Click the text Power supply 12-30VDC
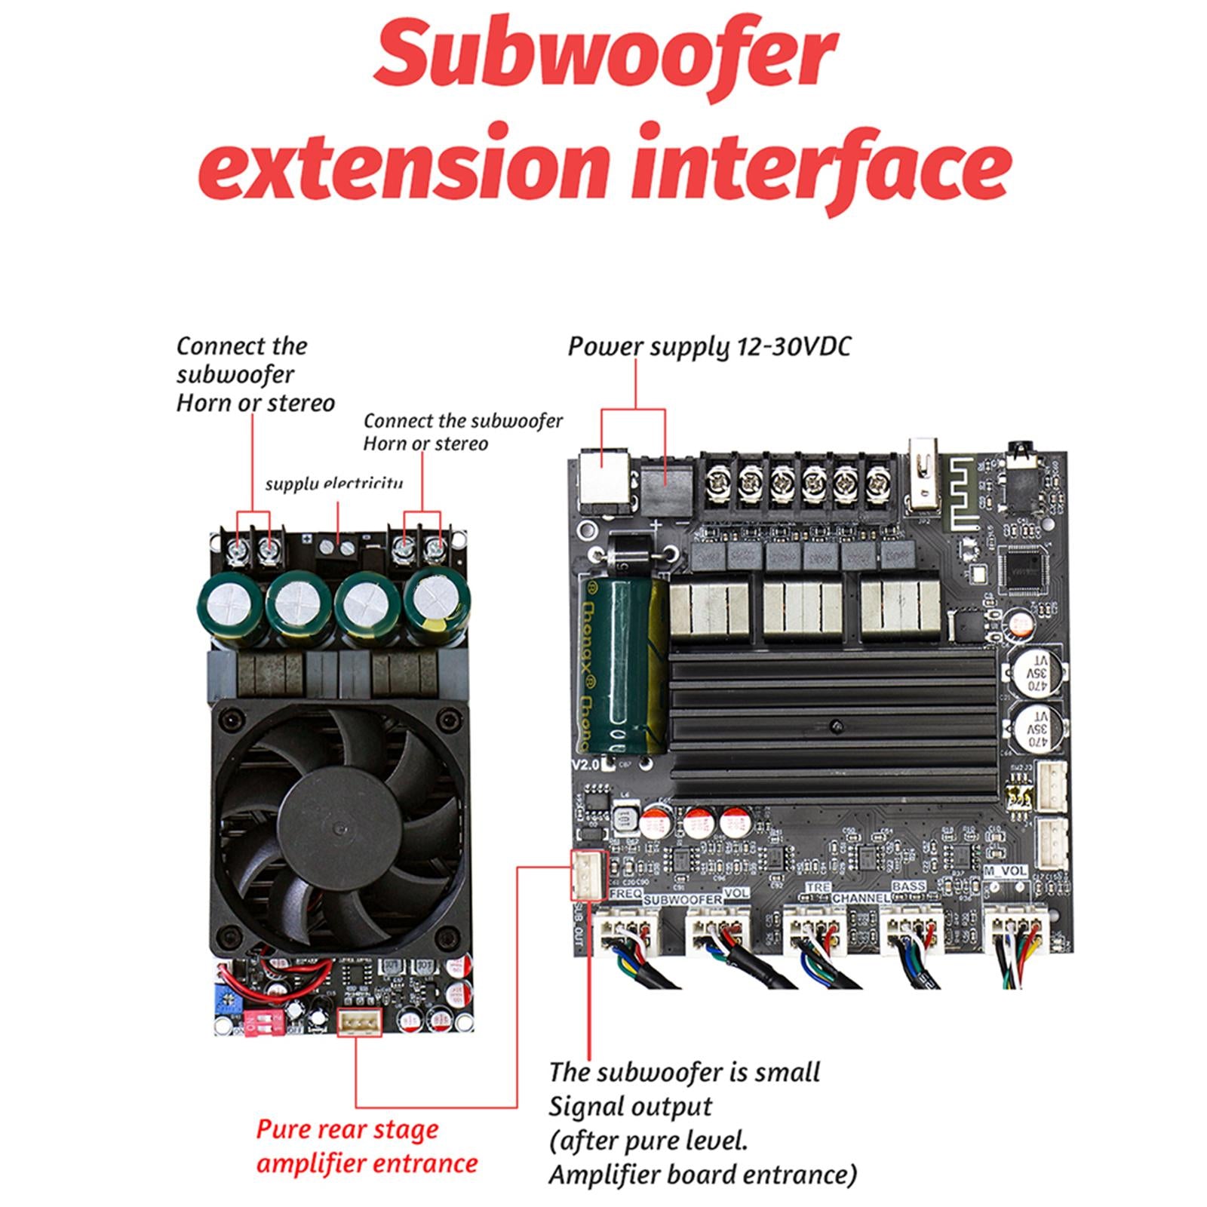tap(708, 347)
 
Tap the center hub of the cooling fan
tap(339, 826)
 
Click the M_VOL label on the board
tap(1006, 871)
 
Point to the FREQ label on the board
tap(626, 893)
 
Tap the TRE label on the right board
tap(818, 888)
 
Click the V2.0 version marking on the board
tap(585, 764)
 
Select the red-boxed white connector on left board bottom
tap(359, 1022)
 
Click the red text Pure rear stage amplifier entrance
tap(367, 1146)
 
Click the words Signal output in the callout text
tap(630, 1107)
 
